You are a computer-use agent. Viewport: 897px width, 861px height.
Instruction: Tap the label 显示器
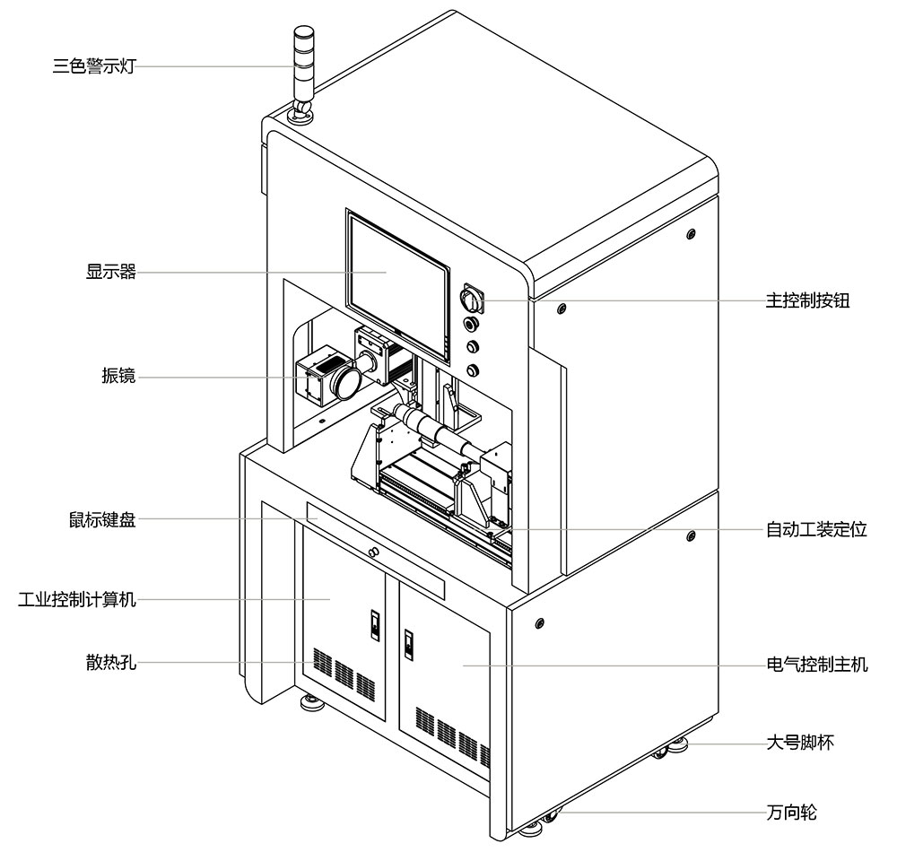(111, 273)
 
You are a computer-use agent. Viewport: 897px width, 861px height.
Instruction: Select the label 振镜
(118, 376)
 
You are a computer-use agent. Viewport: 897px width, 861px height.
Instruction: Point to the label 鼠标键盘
(102, 519)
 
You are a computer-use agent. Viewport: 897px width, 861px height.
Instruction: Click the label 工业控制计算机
(77, 599)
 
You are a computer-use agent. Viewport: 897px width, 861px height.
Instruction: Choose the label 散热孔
(111, 664)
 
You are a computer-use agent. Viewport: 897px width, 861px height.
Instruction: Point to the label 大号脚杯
(800, 743)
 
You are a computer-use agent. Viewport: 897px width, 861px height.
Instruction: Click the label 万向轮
(792, 813)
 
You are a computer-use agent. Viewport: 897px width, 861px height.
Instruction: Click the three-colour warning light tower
(299, 63)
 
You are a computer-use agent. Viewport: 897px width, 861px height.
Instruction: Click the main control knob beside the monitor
(471, 298)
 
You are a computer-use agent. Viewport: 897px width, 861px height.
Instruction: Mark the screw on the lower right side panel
(540, 622)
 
